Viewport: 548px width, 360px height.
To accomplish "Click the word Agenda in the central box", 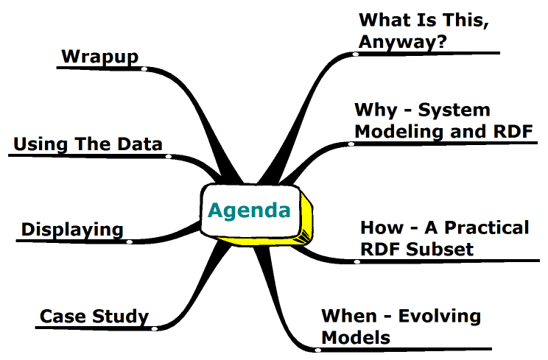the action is [x=249, y=211].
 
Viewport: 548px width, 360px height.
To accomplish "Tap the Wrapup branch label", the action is [x=100, y=57].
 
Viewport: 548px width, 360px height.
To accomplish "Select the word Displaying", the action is [x=72, y=230].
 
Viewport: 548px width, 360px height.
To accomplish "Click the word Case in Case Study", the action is [x=63, y=317].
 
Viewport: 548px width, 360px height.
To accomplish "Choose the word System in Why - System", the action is [x=454, y=110].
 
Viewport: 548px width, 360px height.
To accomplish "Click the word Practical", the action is [x=486, y=227].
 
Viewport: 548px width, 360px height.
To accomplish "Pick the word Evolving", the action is [x=440, y=317].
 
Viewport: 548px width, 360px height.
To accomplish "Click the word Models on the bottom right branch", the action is [x=356, y=338].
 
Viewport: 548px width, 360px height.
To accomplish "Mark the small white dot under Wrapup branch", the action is [x=144, y=69].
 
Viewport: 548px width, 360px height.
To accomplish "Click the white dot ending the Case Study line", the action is [x=155, y=328].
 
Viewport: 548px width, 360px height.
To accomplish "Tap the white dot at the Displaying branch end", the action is [x=130, y=241].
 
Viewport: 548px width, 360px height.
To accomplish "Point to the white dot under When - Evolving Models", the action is [x=317, y=350].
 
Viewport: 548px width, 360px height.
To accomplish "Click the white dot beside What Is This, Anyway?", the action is [x=356, y=54].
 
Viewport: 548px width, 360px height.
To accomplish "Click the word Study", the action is [x=121, y=317].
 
